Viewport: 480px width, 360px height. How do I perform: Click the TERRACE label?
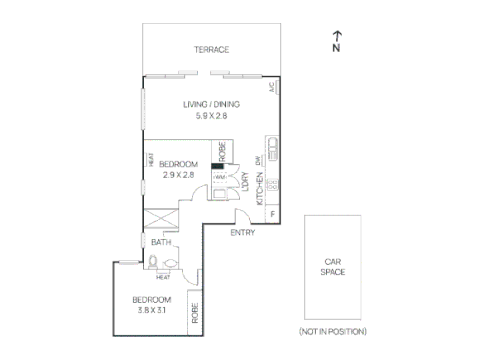[211, 49]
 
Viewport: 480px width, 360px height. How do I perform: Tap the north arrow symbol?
[337, 41]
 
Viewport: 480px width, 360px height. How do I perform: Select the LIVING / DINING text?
[211, 105]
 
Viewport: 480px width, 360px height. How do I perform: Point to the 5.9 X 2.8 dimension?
[211, 116]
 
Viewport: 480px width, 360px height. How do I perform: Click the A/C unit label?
[272, 87]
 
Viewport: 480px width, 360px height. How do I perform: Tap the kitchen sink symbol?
[273, 149]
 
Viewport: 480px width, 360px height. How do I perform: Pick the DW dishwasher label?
[258, 161]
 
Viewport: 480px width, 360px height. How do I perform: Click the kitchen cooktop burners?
[273, 185]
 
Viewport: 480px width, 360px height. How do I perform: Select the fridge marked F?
[273, 214]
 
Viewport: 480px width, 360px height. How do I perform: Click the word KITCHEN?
[259, 189]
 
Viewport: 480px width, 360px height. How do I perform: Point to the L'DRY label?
[245, 182]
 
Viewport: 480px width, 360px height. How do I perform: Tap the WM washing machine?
[220, 177]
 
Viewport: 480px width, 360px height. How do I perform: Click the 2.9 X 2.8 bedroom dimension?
[179, 175]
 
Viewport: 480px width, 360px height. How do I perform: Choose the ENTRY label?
[243, 233]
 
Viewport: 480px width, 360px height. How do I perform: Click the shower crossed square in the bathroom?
[161, 219]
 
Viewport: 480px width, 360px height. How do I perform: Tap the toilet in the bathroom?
[153, 262]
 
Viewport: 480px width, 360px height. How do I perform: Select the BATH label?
[161, 243]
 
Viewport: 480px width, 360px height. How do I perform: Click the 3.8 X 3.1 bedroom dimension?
[152, 310]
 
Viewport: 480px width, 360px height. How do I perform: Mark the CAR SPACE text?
[333, 267]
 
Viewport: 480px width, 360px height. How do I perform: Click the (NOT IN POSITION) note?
[333, 331]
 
